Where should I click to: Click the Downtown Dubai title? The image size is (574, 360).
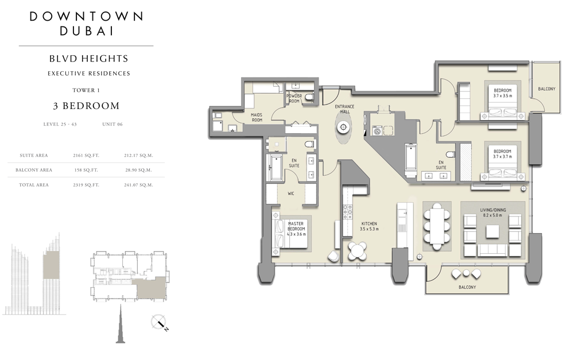(87, 24)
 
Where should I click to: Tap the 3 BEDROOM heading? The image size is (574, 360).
(87, 106)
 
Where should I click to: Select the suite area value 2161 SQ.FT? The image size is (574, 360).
(86, 155)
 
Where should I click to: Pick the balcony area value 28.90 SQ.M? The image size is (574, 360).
(138, 170)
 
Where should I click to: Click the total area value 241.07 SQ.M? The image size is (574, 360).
(138, 185)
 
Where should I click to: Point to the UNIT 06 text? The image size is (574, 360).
(113, 124)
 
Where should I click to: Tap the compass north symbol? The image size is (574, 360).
(160, 323)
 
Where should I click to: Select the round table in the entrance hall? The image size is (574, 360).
(343, 127)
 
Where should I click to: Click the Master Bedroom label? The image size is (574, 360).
(296, 229)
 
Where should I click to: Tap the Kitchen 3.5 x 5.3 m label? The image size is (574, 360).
(369, 226)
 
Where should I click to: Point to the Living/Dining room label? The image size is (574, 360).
(492, 212)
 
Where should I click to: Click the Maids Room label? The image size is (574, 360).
(257, 117)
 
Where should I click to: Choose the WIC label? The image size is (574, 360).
(290, 193)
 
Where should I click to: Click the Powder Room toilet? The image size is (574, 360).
(309, 97)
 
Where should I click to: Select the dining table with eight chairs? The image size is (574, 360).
(437, 226)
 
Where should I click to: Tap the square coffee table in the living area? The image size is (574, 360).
(492, 231)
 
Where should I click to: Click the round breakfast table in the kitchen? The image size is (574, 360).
(357, 251)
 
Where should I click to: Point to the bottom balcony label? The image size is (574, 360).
(467, 287)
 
